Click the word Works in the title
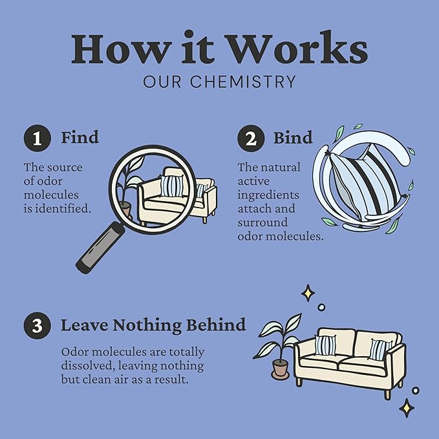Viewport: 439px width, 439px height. [x=297, y=47]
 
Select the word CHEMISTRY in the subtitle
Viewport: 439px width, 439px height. [x=243, y=81]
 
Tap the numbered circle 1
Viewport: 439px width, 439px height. [x=37, y=138]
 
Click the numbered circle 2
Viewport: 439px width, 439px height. [x=251, y=138]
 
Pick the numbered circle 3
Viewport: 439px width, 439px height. [x=37, y=326]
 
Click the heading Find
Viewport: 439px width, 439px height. [x=80, y=137]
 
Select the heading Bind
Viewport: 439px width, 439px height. [x=293, y=137]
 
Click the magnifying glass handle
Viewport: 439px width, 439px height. [x=100, y=248]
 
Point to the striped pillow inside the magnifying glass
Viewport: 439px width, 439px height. [x=172, y=186]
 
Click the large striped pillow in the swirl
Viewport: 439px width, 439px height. [x=365, y=182]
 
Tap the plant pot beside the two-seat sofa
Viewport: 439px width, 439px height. [x=280, y=369]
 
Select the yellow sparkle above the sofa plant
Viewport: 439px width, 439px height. [x=308, y=293]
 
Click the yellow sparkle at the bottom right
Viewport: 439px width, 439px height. [x=407, y=407]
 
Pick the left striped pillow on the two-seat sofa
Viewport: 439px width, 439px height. [x=325, y=345]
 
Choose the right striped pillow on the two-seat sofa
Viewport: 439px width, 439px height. [x=380, y=349]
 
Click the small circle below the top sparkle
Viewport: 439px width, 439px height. [x=321, y=307]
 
